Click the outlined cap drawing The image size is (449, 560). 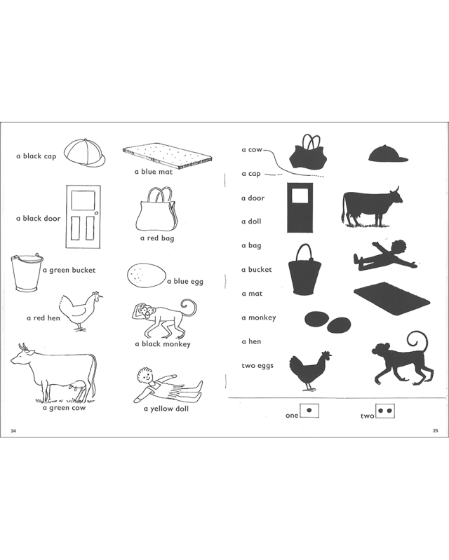[x=85, y=152]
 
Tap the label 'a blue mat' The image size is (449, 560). [x=154, y=172]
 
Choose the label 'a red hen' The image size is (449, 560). [x=43, y=318]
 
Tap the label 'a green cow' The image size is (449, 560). [x=64, y=408]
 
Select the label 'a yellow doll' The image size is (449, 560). [x=166, y=409]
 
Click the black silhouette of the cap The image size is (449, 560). [x=388, y=153]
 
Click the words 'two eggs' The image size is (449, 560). [x=257, y=366]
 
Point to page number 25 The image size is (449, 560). [x=435, y=430]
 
